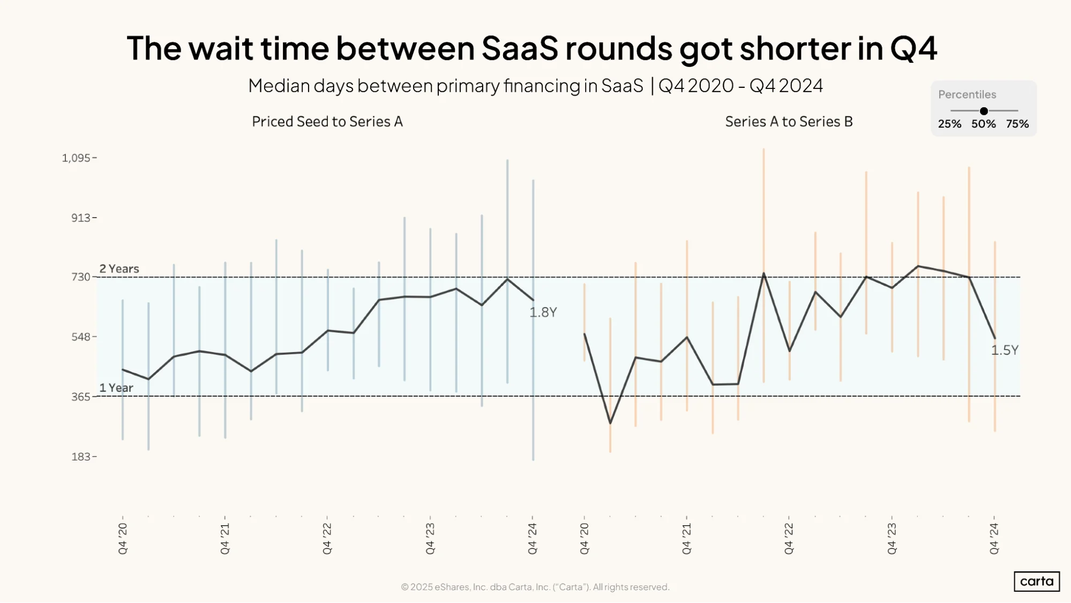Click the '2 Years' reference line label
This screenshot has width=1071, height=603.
119,269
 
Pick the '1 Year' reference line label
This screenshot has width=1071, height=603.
116,388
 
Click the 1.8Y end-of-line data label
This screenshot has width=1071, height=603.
543,312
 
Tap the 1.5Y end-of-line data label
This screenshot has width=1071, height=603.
1005,351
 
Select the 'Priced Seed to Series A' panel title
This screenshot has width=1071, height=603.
327,122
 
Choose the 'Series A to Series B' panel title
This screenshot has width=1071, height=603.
789,122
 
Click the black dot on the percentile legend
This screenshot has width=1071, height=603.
984,111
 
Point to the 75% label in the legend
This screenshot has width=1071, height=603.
1017,124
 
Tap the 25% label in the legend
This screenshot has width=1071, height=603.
949,124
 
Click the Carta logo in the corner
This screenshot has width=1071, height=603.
1037,582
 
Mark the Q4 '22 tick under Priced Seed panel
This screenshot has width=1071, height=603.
327,539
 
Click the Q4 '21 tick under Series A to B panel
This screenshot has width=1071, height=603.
686,539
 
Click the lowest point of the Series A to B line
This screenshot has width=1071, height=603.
610,423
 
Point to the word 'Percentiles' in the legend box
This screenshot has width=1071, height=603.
967,94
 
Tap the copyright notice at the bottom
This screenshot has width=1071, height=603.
535,587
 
